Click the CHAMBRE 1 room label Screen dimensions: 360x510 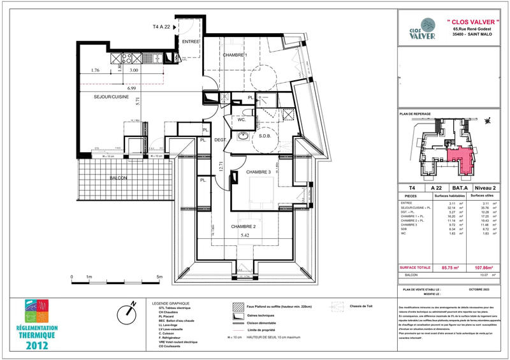point(235,55)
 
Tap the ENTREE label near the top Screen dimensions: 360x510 point(191,41)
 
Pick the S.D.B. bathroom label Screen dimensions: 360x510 point(266,136)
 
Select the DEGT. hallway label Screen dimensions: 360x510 point(221,140)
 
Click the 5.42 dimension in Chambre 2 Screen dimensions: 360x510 point(244,235)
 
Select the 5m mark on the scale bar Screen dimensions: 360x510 point(159,277)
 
